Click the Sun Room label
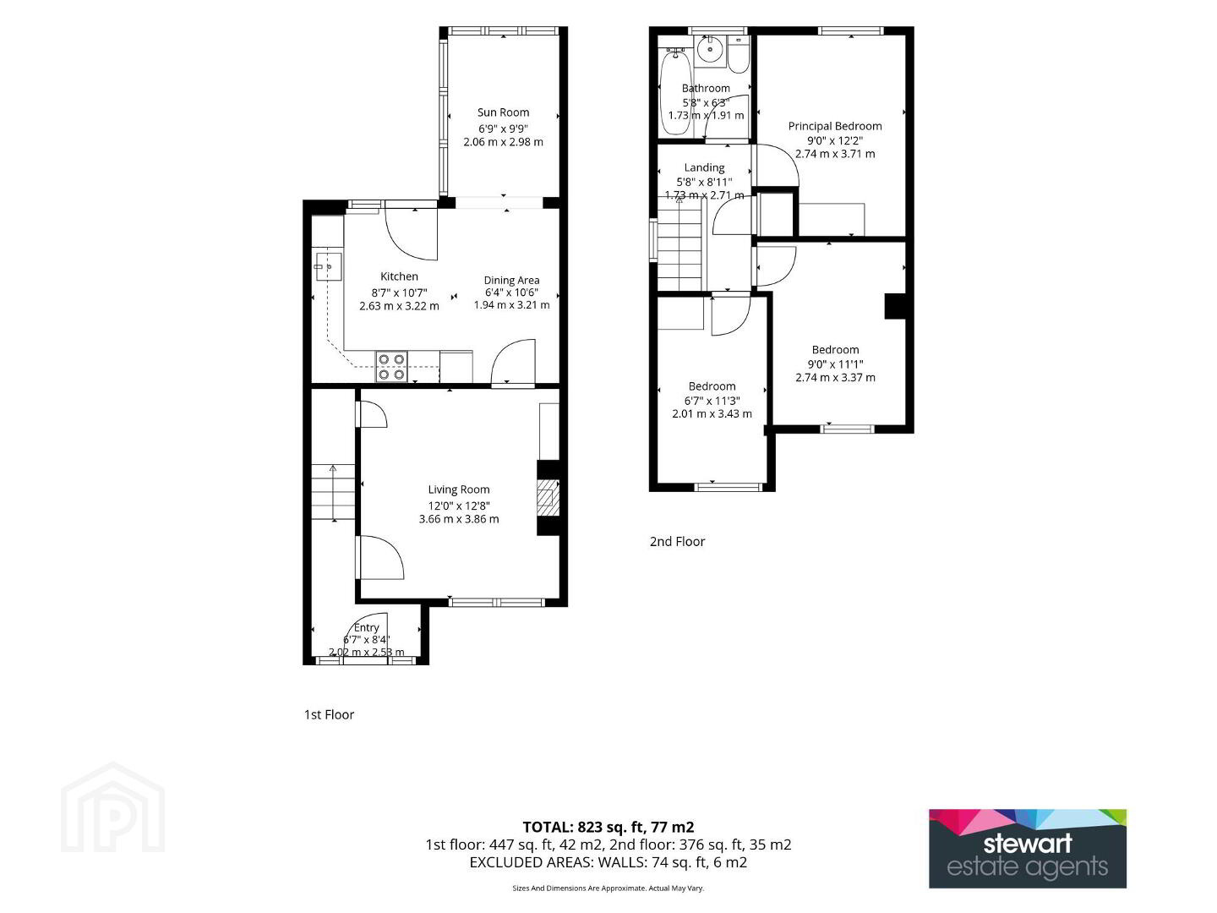[503, 112]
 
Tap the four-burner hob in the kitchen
[391, 367]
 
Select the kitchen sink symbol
[328, 266]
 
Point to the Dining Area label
[511, 280]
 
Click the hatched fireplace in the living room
[548, 497]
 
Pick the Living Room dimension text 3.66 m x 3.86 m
[459, 519]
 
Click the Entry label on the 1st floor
[366, 627]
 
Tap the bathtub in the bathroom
[674, 91]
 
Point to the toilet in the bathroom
[738, 55]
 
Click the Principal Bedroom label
[835, 127]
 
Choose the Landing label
[704, 167]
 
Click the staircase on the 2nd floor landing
[679, 244]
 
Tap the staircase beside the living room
[333, 492]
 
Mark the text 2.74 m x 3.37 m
[835, 378]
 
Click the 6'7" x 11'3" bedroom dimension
[712, 401]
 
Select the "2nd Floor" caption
[677, 542]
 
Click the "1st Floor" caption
[329, 714]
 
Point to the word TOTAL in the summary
[548, 827]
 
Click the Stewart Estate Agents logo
[1028, 849]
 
